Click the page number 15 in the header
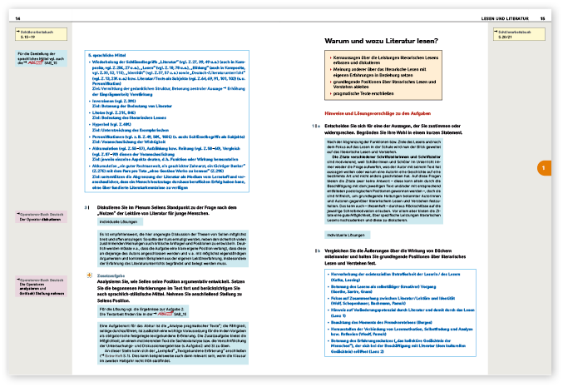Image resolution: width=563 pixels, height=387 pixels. point(542,18)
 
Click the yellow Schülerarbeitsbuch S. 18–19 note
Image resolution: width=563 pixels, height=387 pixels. point(32,33)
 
